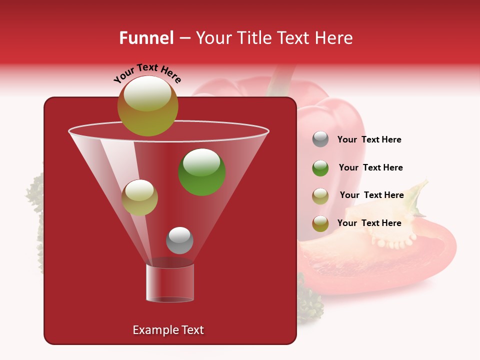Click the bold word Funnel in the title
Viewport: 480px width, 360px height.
pyautogui.click(x=146, y=38)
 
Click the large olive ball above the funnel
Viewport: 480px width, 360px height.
pyautogui.click(x=147, y=106)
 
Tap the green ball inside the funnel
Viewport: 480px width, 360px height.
pyautogui.click(x=202, y=171)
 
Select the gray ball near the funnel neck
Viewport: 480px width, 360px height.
pyautogui.click(x=179, y=240)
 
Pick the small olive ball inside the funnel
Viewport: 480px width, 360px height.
pyautogui.click(x=140, y=197)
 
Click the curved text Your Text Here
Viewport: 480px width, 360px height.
pyautogui.click(x=147, y=72)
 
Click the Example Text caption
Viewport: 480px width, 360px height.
pyautogui.click(x=168, y=330)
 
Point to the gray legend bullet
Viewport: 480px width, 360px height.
pyautogui.click(x=320, y=139)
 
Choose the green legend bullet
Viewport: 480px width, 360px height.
pyautogui.click(x=320, y=168)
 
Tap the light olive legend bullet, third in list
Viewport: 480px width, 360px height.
pyautogui.click(x=320, y=196)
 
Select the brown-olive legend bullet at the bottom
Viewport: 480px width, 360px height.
pyautogui.click(x=320, y=223)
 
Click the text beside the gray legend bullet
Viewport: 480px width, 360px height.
pyautogui.click(x=369, y=140)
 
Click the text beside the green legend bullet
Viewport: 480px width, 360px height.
pyautogui.click(x=370, y=168)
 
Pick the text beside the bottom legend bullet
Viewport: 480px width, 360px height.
pyautogui.click(x=369, y=223)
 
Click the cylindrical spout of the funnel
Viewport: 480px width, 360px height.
pyautogui.click(x=170, y=282)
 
